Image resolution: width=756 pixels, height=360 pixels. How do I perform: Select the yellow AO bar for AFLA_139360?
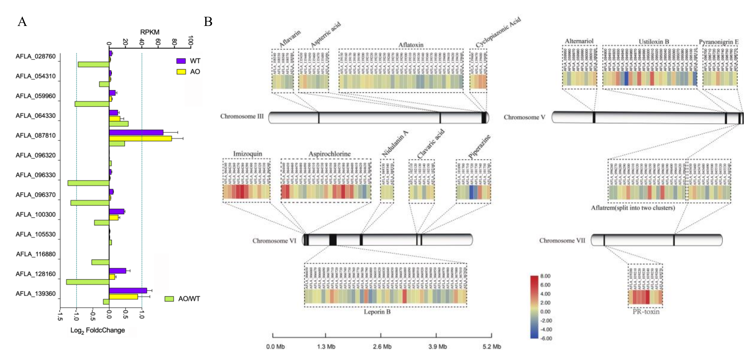(x=123, y=297)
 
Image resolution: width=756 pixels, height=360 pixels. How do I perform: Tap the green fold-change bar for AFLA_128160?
(x=88, y=282)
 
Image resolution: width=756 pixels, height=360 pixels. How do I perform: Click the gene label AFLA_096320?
(x=36, y=155)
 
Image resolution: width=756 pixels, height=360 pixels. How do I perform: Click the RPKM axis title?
(x=150, y=32)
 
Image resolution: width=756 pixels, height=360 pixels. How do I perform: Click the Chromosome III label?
(x=242, y=117)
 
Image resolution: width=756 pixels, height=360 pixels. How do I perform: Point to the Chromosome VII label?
(x=562, y=240)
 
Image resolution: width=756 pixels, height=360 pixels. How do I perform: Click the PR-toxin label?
(x=646, y=312)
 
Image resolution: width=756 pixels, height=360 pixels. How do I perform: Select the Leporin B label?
(x=377, y=312)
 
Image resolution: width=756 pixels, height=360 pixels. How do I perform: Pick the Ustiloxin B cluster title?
(x=654, y=42)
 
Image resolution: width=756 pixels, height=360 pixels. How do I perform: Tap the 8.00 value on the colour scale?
(x=545, y=276)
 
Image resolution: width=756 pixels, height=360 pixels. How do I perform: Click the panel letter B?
(x=208, y=21)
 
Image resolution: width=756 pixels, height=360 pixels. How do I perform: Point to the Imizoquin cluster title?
(x=247, y=154)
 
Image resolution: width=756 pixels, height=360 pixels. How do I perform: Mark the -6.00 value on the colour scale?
(x=546, y=338)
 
